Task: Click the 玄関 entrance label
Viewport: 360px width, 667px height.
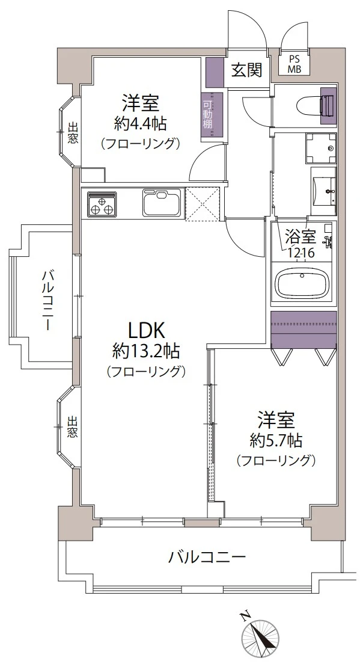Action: tap(246, 69)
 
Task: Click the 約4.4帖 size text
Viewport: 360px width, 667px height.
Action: tap(140, 123)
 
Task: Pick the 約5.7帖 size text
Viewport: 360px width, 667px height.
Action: tap(276, 441)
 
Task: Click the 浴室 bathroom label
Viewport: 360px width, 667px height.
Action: tap(301, 235)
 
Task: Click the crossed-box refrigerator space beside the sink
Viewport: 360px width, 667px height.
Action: tap(202, 204)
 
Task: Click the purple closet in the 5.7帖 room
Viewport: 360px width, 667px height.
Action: tap(304, 329)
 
